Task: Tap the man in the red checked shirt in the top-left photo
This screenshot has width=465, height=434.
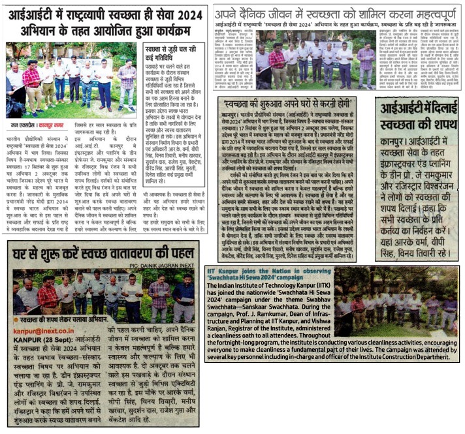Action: (x=30, y=82)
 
